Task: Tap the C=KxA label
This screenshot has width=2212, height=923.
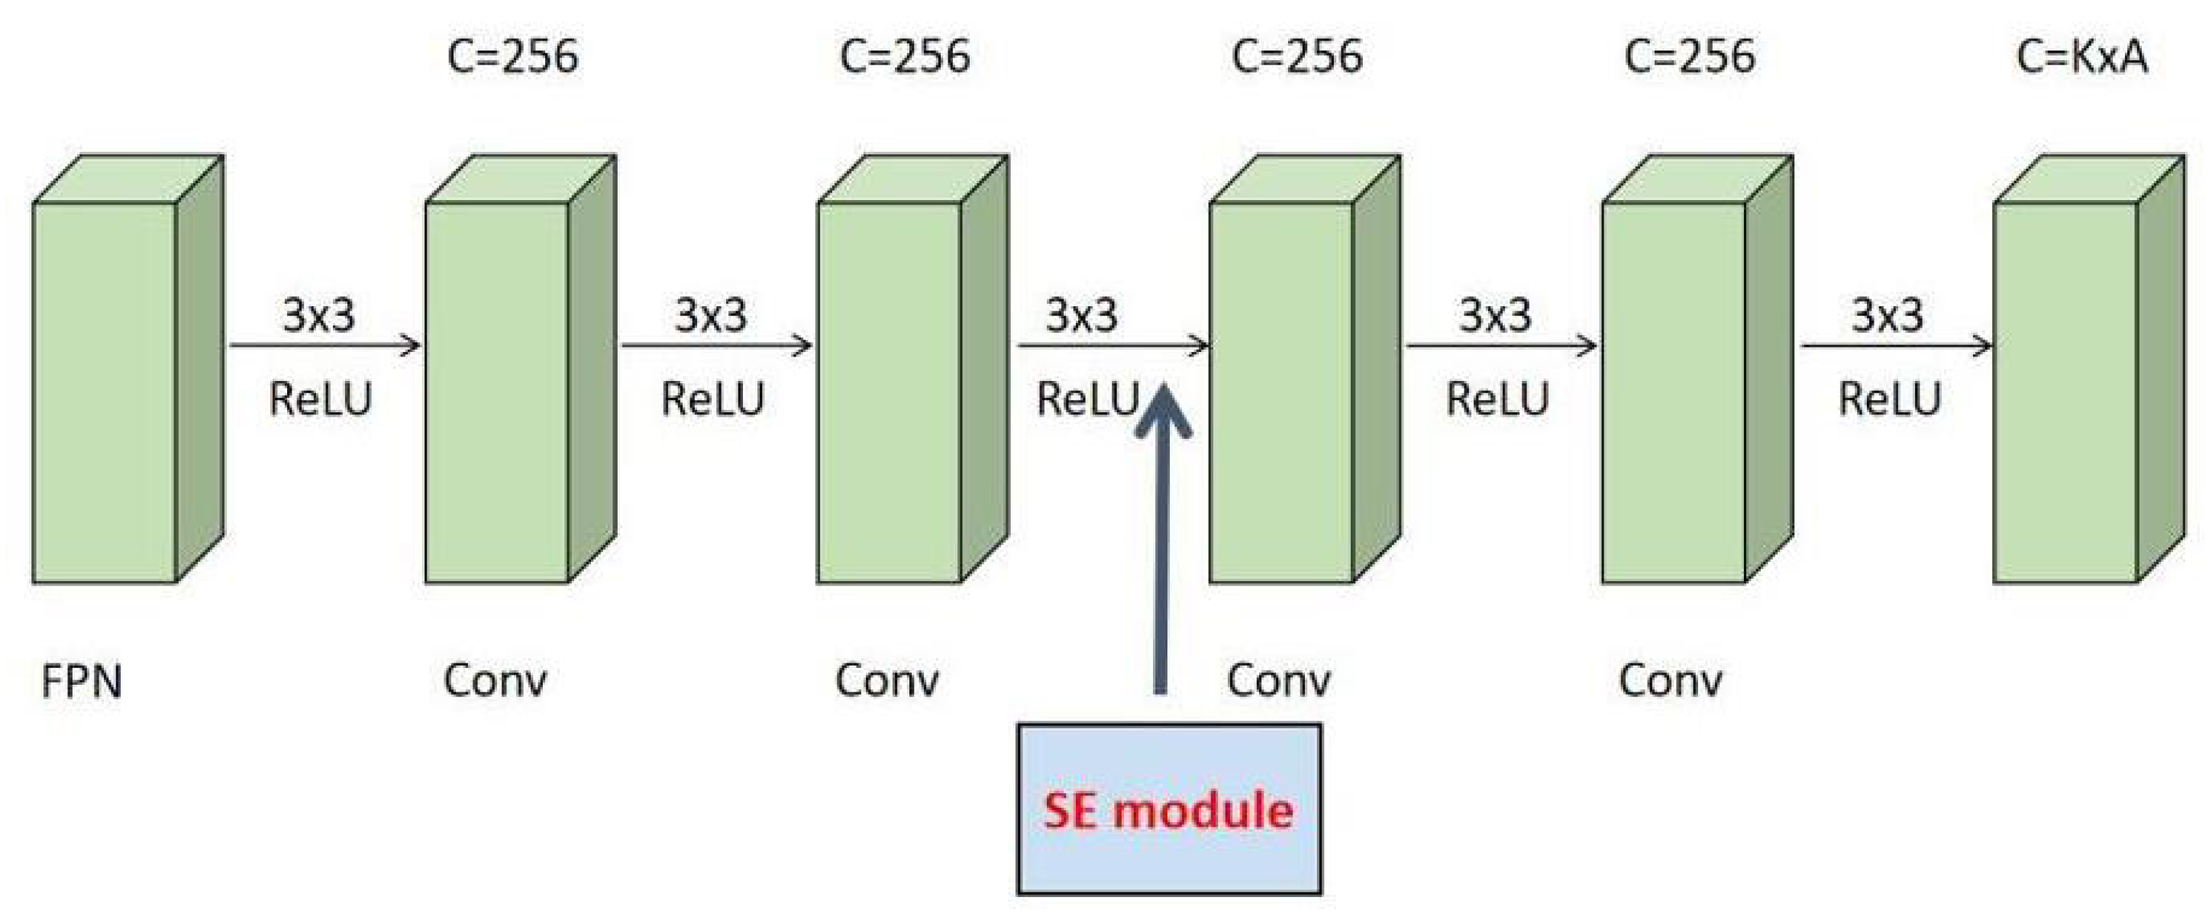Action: [x=2081, y=57]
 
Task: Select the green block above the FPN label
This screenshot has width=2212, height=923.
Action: [x=105, y=392]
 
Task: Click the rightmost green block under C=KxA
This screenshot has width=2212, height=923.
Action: [x=2065, y=392]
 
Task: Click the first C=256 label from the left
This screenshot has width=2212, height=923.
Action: [x=512, y=57]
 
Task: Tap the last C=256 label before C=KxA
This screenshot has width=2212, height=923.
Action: [x=1689, y=57]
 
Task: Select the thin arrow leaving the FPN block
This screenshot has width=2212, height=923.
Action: [x=325, y=346]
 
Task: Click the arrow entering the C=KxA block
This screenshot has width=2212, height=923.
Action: [x=1895, y=346]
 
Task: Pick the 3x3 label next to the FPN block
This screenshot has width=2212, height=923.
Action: [x=318, y=315]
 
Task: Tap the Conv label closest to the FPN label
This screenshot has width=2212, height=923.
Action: [x=496, y=681]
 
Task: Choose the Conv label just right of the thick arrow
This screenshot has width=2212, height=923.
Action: [x=1279, y=681]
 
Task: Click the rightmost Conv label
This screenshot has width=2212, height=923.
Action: [x=1670, y=681]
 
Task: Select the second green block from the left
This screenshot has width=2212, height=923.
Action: [x=497, y=392]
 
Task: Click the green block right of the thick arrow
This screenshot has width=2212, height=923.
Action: [x=1281, y=392]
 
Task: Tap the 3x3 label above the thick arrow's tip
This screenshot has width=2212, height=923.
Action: [x=1081, y=315]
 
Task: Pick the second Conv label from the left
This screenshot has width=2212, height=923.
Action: [x=887, y=681]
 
